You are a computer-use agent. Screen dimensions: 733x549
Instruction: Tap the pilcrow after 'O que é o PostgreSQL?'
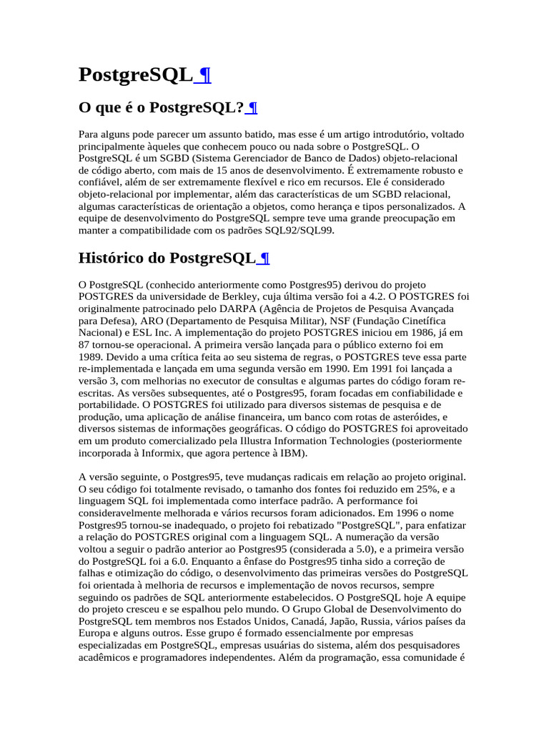tap(252, 108)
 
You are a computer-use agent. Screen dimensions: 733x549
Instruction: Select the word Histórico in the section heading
tap(112, 258)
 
